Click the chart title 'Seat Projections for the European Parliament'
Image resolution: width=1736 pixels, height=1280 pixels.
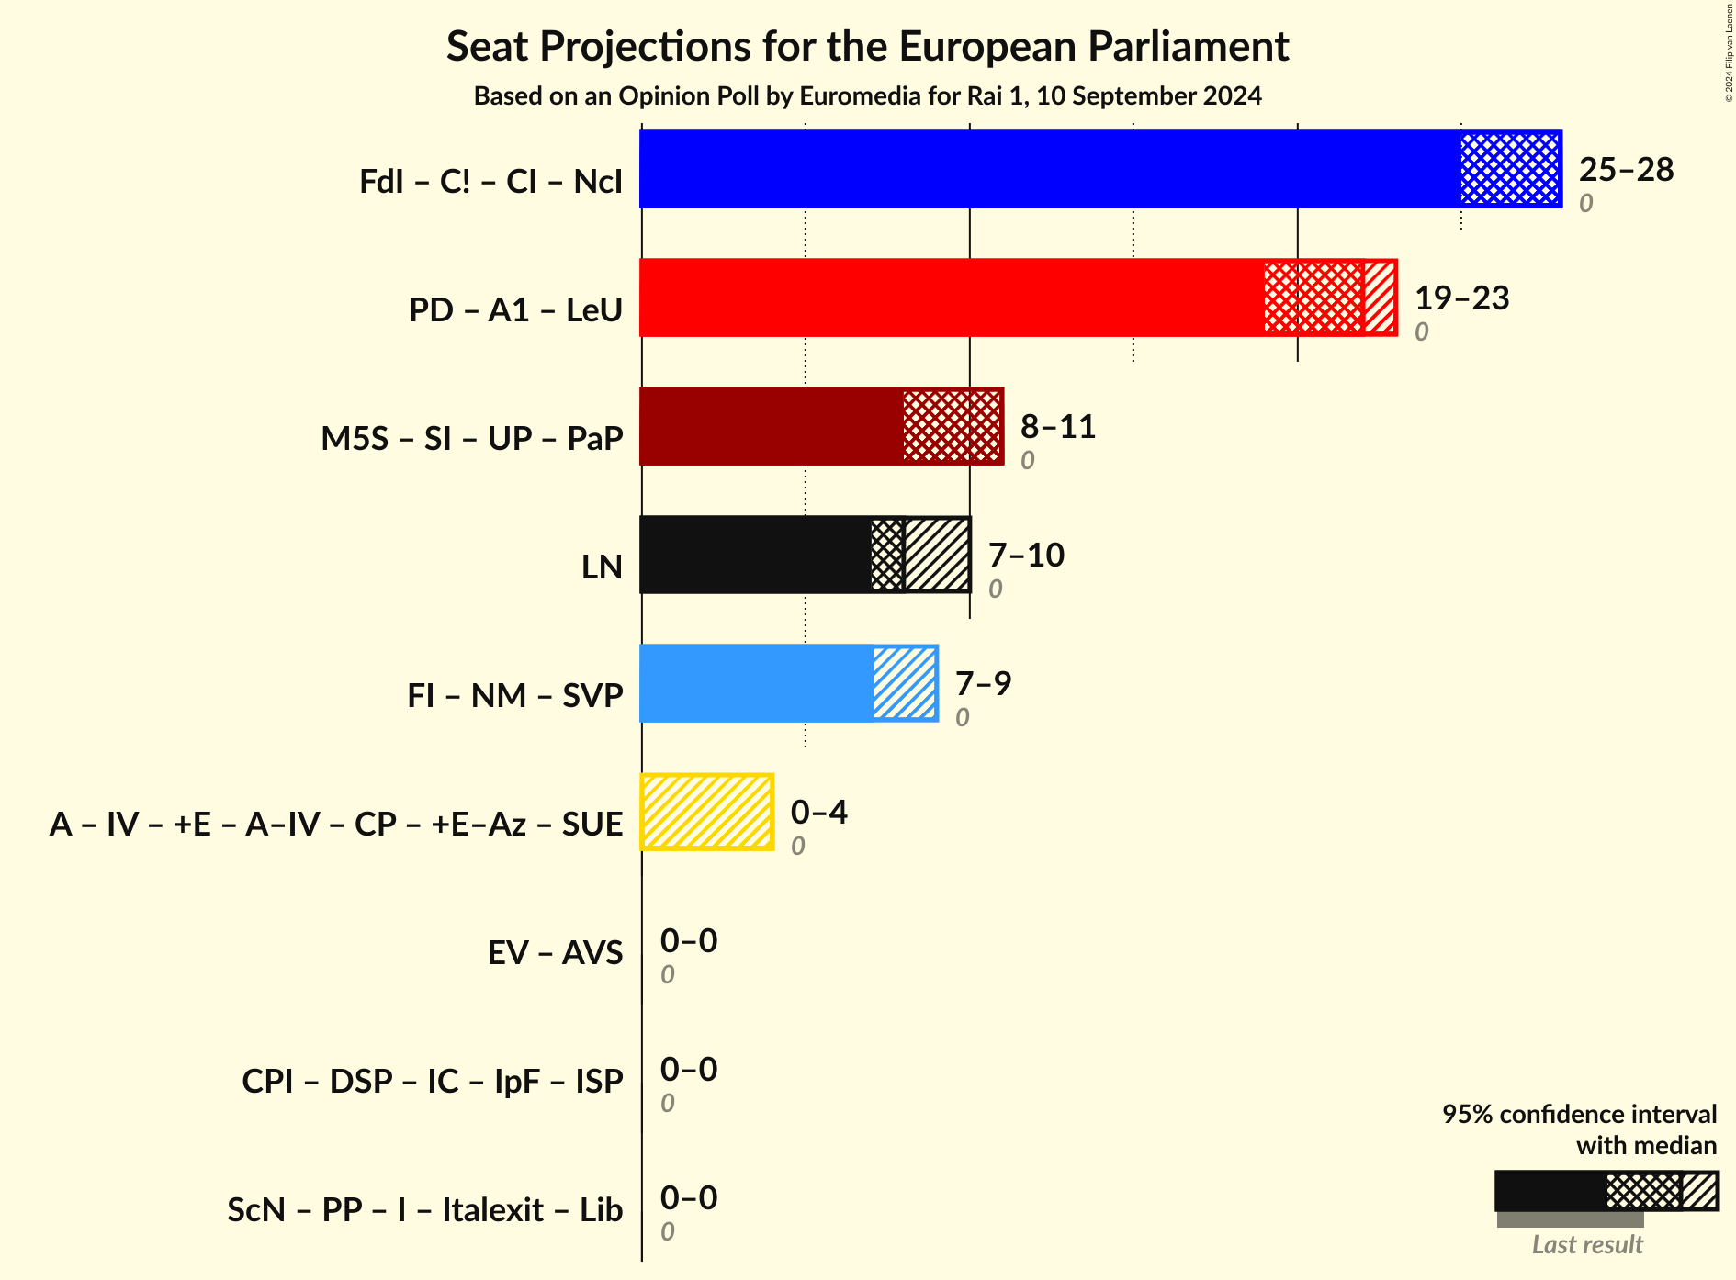pyautogui.click(x=867, y=47)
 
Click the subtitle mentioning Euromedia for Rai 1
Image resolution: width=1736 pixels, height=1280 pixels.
pyautogui.click(x=867, y=96)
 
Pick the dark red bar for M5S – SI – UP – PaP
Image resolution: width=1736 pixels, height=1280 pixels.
pyautogui.click(x=772, y=426)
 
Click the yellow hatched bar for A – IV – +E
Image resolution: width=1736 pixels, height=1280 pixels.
pyautogui.click(x=707, y=812)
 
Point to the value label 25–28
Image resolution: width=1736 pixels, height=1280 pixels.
pyautogui.click(x=1626, y=170)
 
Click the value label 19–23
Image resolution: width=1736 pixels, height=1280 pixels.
pyautogui.click(x=1461, y=298)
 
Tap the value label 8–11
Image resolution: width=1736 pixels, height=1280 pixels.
pyautogui.click(x=1058, y=427)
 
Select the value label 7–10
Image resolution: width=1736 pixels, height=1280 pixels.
pyautogui.click(x=1026, y=556)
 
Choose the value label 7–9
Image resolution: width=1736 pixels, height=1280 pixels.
pyautogui.click(x=983, y=684)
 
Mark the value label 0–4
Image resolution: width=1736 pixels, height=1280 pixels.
pyautogui.click(x=818, y=813)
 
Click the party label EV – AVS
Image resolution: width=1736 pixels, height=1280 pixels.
pyautogui.click(x=555, y=953)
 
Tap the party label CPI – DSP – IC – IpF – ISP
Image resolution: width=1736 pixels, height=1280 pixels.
pyautogui.click(x=433, y=1082)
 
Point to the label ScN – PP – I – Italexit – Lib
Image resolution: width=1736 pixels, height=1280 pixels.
pyautogui.click(x=425, y=1210)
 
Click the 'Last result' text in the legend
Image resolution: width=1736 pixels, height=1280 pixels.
pyautogui.click(x=1586, y=1245)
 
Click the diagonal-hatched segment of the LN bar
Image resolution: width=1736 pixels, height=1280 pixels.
pyautogui.click(x=937, y=555)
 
